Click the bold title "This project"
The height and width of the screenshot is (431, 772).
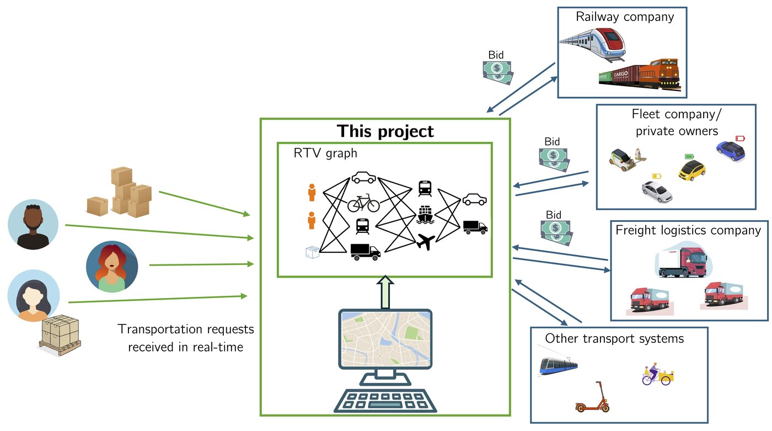[x=385, y=131]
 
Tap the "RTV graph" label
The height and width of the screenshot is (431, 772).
[x=325, y=153]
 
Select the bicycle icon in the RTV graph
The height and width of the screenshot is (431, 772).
[x=363, y=204]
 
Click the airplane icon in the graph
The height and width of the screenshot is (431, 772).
[x=425, y=241]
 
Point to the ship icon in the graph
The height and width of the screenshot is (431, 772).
[x=425, y=214]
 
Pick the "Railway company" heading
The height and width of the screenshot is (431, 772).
[x=625, y=17]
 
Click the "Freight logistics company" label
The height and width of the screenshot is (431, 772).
[x=688, y=230]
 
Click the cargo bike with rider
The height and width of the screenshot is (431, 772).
[x=658, y=375]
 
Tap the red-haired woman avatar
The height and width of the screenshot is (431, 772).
[x=112, y=266]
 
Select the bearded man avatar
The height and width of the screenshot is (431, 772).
[x=33, y=225]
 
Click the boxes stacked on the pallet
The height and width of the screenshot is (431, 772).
[x=60, y=334]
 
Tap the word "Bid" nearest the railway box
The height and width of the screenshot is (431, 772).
[x=496, y=55]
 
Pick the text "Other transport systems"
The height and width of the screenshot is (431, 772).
[x=614, y=338]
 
